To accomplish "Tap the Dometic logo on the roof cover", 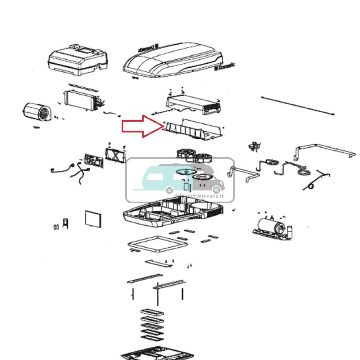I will point(225,67).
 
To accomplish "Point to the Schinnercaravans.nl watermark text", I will point(199,196).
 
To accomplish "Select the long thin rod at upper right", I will point(299,105).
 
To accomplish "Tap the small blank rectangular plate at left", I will point(93,219).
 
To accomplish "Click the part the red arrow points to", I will point(194,130).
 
